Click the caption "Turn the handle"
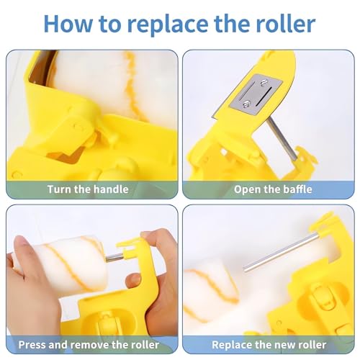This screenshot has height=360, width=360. [88, 189]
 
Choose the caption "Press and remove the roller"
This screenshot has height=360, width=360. [89, 345]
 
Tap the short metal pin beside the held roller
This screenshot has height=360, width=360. [114, 256]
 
